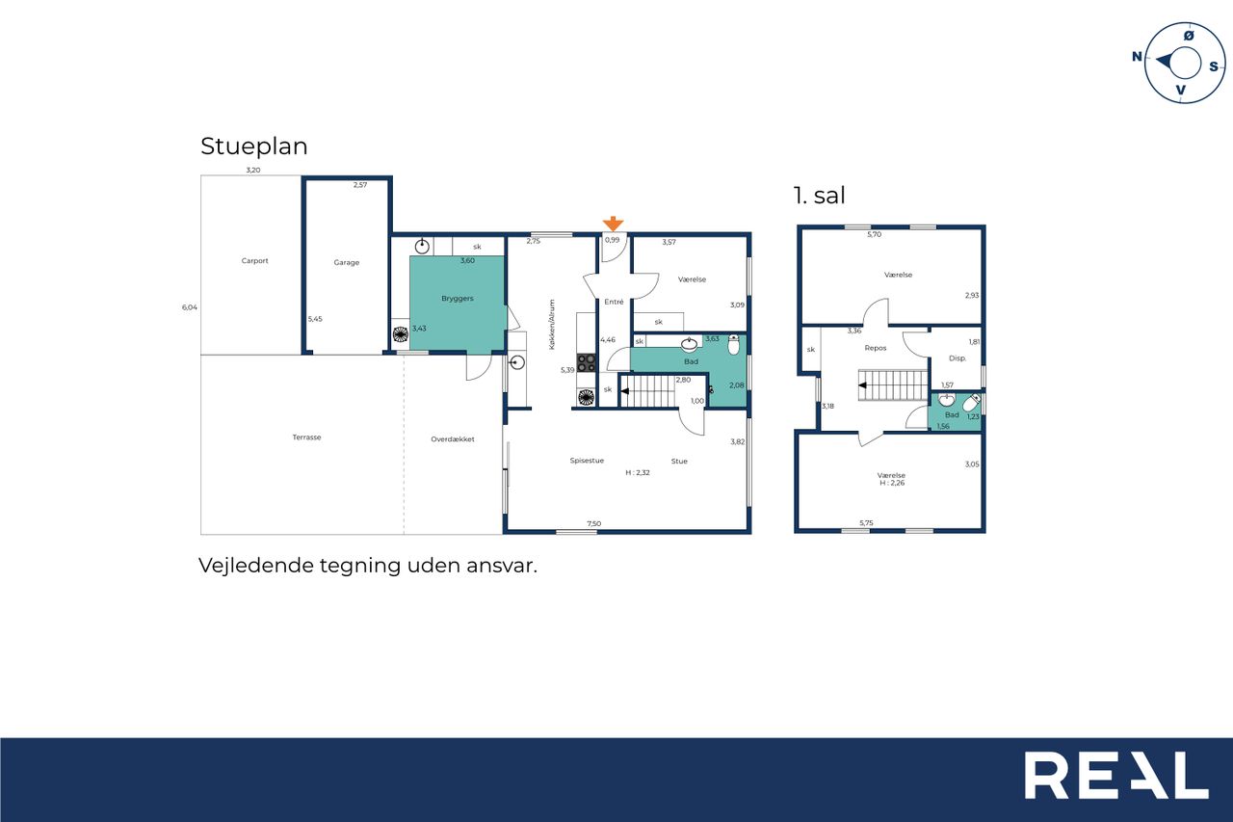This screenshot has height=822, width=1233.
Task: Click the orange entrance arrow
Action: [x=613, y=224]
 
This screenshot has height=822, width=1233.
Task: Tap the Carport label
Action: [x=255, y=261]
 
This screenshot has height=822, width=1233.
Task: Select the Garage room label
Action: [x=346, y=263]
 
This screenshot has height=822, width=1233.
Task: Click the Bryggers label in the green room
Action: [x=458, y=299]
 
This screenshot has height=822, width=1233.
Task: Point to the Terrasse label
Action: [x=306, y=438]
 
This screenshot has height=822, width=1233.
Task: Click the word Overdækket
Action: [x=453, y=439]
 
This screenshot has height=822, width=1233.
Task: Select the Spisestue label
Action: [x=587, y=461]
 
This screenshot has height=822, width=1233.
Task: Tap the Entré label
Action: [x=614, y=302]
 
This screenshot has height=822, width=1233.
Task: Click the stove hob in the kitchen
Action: [x=587, y=363]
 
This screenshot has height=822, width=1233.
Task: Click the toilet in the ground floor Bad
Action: [x=733, y=344]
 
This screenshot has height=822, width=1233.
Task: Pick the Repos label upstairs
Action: [x=876, y=348]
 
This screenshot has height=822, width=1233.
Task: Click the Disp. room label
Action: [x=958, y=358]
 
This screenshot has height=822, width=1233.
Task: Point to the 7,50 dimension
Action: [x=594, y=523]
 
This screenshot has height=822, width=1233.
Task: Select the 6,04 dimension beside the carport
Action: [x=190, y=307]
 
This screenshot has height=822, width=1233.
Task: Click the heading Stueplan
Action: [x=253, y=146]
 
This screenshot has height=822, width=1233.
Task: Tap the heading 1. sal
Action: [x=819, y=196]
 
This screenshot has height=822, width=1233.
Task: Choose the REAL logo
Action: [x=1116, y=775]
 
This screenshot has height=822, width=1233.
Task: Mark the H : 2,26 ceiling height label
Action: [x=892, y=483]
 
